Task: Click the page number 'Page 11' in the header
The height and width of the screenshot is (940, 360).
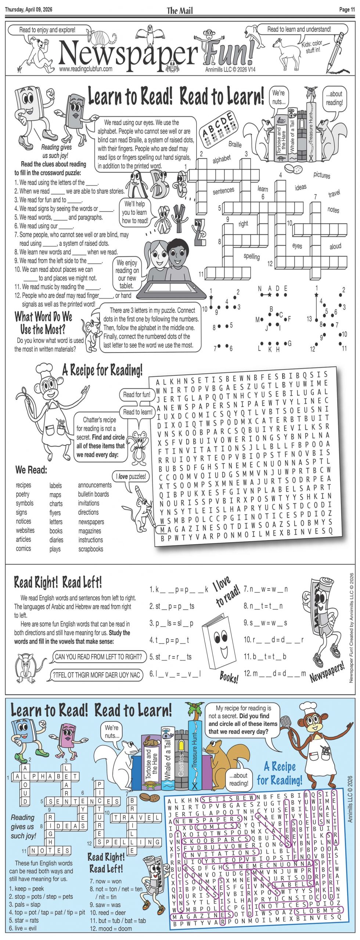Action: (347, 10)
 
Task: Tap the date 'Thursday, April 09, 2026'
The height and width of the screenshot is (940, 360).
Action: (29, 10)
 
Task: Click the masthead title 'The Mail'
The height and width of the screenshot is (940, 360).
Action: (180, 10)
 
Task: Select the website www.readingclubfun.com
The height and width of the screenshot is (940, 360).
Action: (86, 69)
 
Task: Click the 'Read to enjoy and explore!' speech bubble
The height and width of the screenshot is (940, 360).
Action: (47, 30)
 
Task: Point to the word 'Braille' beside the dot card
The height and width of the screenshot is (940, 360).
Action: (235, 144)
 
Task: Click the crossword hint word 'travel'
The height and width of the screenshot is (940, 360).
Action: (334, 194)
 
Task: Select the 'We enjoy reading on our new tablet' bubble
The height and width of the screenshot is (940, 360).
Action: (127, 274)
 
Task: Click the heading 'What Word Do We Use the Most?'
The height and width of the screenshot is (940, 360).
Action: (43, 322)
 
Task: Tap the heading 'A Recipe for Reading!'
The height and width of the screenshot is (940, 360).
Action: (102, 370)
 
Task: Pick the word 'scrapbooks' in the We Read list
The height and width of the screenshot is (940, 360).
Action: (91, 549)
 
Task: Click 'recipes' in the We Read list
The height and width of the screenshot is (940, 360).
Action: (24, 485)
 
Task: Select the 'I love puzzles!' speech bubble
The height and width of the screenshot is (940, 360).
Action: (131, 477)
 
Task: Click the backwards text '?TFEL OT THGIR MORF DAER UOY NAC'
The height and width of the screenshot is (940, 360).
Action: (96, 675)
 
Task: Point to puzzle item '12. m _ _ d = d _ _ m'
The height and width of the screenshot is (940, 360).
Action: (274, 673)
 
